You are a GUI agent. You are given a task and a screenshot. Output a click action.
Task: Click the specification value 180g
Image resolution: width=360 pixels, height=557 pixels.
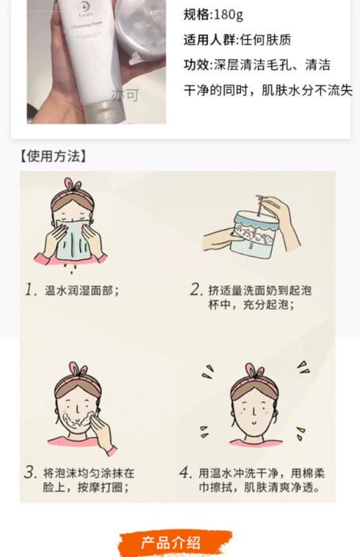(x=228, y=14)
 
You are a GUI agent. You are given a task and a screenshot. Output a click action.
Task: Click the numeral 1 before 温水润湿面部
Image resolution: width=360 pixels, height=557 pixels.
(x=31, y=290)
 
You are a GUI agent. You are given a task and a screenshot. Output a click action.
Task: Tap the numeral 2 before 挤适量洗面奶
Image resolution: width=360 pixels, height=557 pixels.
(x=196, y=290)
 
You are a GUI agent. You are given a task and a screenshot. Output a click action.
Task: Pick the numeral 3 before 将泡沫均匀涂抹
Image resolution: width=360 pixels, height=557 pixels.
(x=30, y=473)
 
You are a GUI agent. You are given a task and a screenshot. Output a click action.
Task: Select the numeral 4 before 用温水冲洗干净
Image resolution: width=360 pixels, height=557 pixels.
(x=186, y=473)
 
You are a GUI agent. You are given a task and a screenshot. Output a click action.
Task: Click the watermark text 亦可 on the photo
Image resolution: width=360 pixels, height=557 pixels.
(x=125, y=94)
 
